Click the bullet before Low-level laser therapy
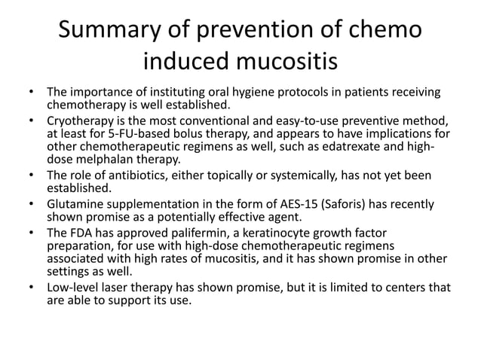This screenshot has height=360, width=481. tap(32, 287)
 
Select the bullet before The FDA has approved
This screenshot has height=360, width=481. tap(32, 231)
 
